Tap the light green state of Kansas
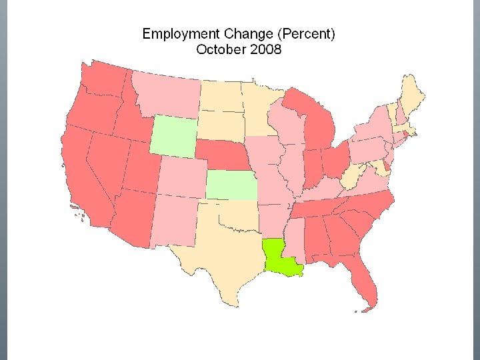point(230,185)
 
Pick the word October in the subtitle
point(220,49)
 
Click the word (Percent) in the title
point(307,34)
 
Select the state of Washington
point(103,80)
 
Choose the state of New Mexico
point(175,220)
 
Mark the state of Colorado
point(181,177)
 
